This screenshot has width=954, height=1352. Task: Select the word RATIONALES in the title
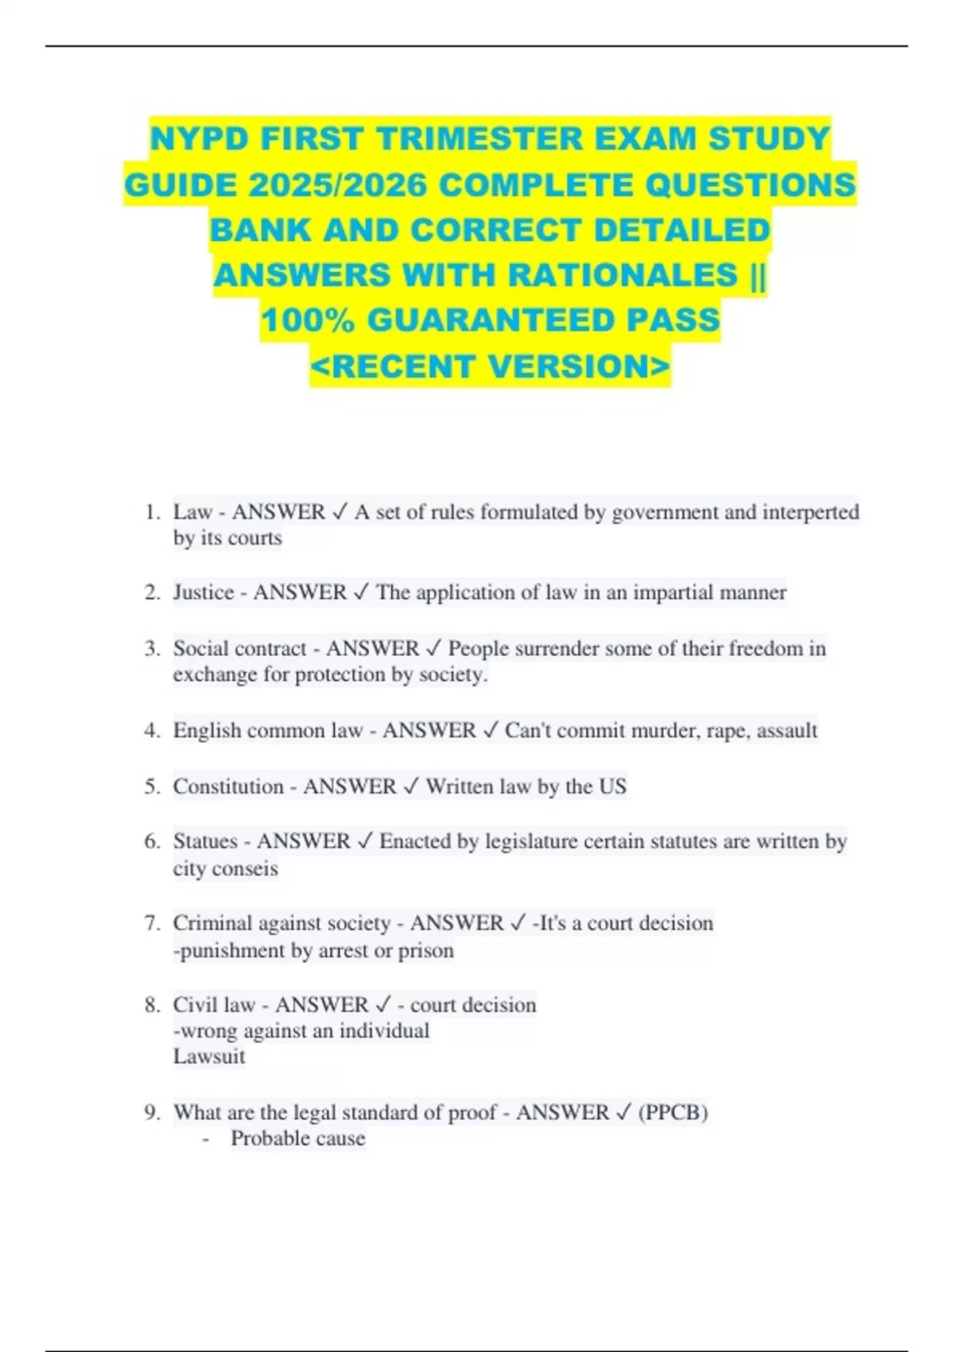click(x=622, y=275)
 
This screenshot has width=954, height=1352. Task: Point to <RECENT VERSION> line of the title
click(x=491, y=367)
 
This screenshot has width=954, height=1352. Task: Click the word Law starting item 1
click(x=192, y=511)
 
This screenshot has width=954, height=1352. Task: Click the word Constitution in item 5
click(x=228, y=787)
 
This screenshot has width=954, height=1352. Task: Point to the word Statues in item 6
click(x=205, y=841)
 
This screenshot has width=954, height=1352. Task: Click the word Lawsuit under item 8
click(x=209, y=1057)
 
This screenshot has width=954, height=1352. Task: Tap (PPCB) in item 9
click(x=673, y=1112)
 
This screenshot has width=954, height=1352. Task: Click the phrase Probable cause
click(x=298, y=1138)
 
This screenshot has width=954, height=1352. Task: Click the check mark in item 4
click(x=491, y=730)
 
